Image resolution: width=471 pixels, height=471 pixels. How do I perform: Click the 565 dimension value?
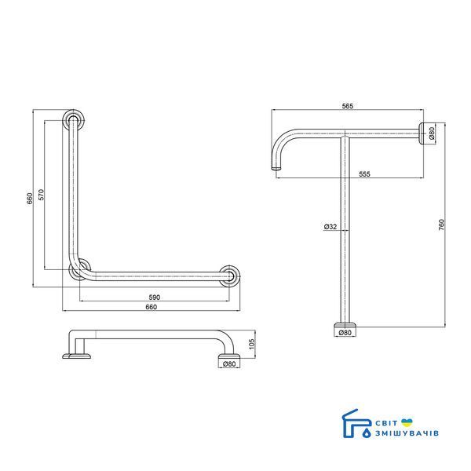[348, 106]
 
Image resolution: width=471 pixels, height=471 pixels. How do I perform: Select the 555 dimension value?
[364, 174]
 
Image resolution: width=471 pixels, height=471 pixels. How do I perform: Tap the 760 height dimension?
[441, 225]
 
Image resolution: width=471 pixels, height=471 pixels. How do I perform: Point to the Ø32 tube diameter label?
[330, 227]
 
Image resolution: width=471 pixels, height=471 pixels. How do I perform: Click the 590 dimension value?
[155, 298]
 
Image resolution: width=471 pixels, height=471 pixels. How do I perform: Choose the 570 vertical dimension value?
[41, 195]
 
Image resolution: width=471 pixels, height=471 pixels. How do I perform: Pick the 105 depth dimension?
[252, 345]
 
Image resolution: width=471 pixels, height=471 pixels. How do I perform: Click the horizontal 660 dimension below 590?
[151, 307]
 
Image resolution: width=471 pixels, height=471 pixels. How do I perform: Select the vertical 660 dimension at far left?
[30, 199]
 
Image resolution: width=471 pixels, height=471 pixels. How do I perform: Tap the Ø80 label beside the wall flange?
[432, 133]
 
